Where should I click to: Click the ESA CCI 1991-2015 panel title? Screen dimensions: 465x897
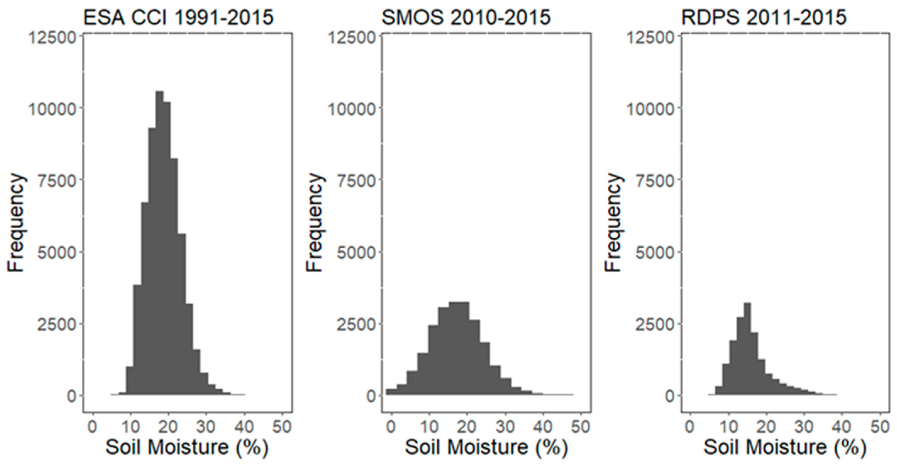point(178,17)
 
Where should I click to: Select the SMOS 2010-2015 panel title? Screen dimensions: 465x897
point(466,17)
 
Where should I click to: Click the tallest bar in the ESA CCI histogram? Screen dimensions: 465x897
point(159,244)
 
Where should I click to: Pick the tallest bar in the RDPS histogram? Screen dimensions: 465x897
point(747,348)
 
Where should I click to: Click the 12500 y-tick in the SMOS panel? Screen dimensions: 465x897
point(352,38)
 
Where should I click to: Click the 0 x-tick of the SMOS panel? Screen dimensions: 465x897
point(391,427)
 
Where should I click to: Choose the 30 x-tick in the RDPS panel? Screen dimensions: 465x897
point(804,427)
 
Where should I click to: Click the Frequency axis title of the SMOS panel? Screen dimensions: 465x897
point(315,223)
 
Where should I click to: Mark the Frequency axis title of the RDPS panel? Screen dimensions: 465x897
point(613,223)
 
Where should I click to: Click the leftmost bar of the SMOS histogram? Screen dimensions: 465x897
point(391,392)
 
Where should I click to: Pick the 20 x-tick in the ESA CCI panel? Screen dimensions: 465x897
point(169,427)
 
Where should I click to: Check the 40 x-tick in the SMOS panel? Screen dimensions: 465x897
point(543,427)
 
